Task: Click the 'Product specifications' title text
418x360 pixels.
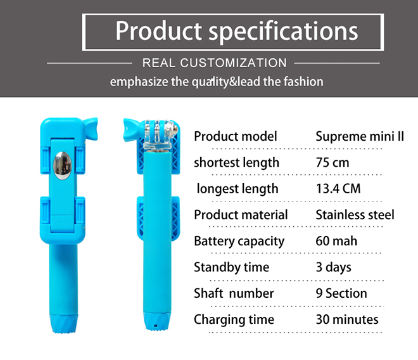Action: coord(236,31)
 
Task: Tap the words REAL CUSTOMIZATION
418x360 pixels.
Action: coord(215,63)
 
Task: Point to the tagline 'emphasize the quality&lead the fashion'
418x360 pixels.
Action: coord(217,82)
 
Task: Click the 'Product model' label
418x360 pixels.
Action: coord(236,136)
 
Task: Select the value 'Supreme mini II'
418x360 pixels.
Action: coord(360,136)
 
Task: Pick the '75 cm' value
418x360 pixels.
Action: coord(332,162)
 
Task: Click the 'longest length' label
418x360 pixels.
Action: coord(237,189)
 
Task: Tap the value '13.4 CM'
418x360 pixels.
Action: coord(338,189)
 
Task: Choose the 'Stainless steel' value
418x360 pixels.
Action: coord(355,215)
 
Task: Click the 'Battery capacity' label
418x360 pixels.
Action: coord(239,241)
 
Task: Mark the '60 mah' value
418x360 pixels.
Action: coord(336,241)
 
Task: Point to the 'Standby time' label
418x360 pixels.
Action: coord(231,267)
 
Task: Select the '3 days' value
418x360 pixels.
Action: coord(334,267)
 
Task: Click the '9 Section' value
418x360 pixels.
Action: coord(341,293)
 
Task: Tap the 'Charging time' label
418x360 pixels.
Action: coord(234,319)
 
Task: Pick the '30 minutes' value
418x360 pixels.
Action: coord(347,319)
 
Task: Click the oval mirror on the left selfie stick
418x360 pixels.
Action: coord(62,165)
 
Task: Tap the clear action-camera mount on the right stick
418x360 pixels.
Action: coord(160,135)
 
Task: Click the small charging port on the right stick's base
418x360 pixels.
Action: coord(155,326)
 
